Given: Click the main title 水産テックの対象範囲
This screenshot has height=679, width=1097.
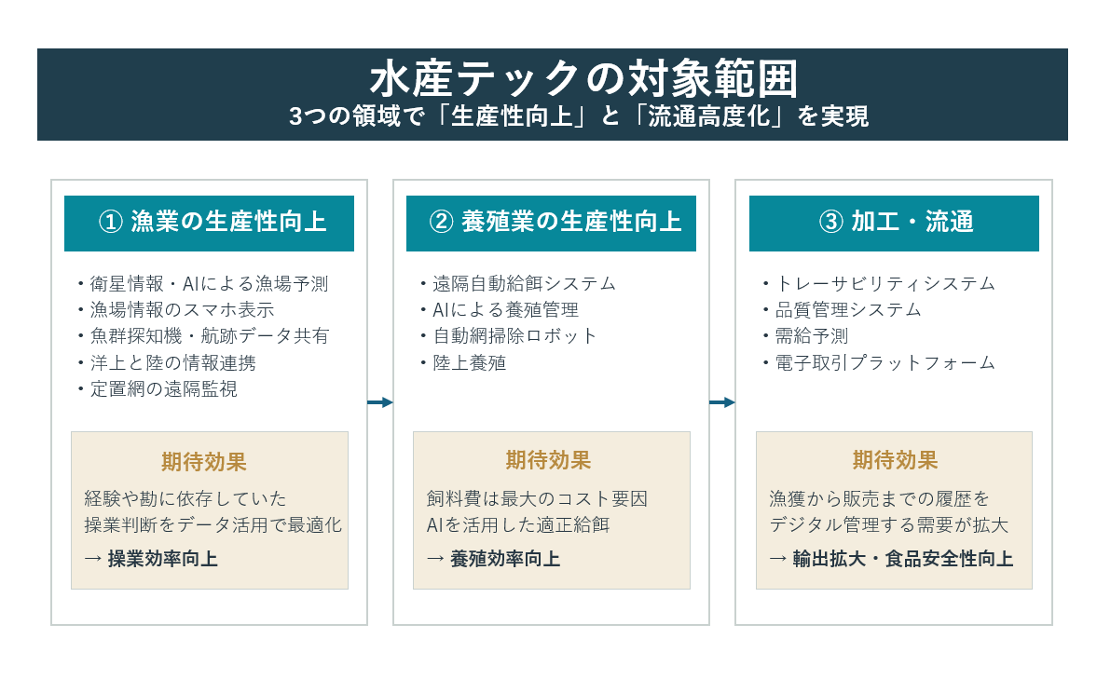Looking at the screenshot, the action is [x=583, y=78].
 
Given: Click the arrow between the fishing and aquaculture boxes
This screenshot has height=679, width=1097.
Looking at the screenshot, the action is [x=380, y=402].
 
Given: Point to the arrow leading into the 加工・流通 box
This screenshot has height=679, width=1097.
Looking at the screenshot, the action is [x=722, y=402].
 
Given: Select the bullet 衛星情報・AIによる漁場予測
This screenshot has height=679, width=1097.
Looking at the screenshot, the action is [x=203, y=284].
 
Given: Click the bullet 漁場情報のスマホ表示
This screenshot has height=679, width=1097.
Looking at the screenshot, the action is [x=175, y=310].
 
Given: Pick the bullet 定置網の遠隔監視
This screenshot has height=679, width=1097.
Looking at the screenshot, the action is [x=158, y=388].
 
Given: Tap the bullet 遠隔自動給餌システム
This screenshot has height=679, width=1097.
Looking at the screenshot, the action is [x=518, y=284].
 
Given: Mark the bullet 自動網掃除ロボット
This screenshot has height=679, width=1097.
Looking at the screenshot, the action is [x=509, y=336].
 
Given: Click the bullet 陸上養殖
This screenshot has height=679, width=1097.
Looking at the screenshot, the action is [x=463, y=363].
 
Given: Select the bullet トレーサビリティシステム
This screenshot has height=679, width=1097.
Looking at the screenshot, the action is [x=880, y=284].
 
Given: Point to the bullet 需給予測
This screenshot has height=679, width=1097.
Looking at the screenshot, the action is [x=806, y=336].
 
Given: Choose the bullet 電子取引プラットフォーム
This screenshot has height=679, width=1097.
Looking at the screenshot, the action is [x=880, y=363].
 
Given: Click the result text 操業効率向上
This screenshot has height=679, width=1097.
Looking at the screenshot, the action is [x=162, y=559].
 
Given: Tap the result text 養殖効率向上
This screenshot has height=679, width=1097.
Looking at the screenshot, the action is [x=505, y=559].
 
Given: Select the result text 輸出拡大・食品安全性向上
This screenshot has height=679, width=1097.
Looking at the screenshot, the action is [x=902, y=559].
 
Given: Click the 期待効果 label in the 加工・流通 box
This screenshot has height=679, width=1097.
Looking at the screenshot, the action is [x=895, y=460].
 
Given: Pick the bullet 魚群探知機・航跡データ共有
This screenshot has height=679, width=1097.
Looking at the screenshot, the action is [x=203, y=336].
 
